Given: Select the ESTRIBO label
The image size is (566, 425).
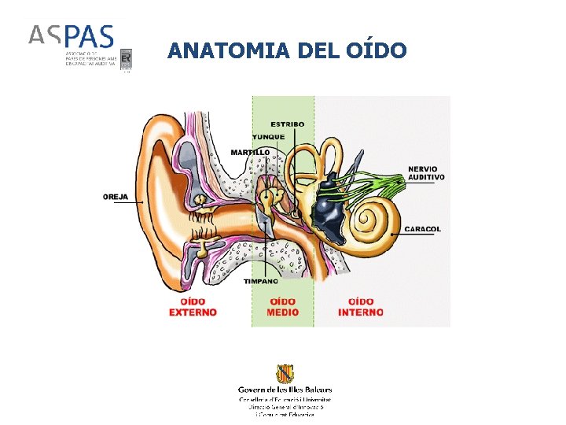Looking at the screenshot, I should pos(288,124).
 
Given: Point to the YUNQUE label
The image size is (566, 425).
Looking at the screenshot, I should pos(268,137).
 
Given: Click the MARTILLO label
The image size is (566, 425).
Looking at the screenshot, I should pos(250,152).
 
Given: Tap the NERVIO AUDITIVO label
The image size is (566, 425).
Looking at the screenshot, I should pos(426,173).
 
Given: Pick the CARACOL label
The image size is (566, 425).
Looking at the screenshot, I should pos(423,229).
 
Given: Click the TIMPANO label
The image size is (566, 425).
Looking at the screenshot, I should pos(259,281).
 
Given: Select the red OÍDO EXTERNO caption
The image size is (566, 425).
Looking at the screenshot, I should pos(193,307).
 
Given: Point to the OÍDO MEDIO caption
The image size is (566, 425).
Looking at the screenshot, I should pos(283,307).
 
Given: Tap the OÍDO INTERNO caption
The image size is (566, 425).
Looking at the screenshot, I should pos(361,307).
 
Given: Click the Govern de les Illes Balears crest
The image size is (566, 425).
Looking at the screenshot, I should pos(285,373).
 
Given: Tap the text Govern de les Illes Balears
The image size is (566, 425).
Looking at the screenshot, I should pos(285,389).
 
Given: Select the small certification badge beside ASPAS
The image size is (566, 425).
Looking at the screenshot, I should pos(126,57).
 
